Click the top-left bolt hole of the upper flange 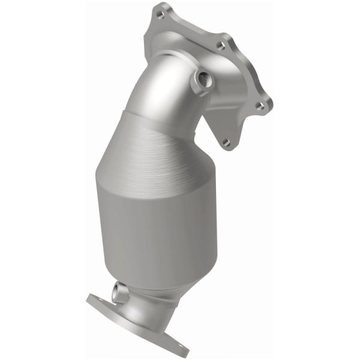tap(161, 11)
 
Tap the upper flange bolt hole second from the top tap(221, 44)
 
